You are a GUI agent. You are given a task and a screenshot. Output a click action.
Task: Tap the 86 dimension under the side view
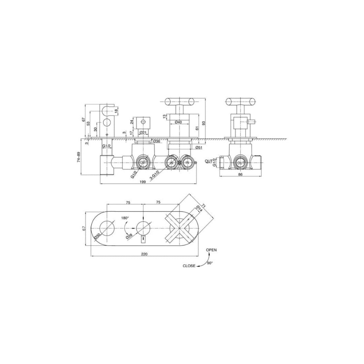coord(241,174)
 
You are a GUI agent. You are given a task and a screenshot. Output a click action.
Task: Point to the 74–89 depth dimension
coord(79,157)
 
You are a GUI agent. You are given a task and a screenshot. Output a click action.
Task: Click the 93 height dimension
coord(203,123)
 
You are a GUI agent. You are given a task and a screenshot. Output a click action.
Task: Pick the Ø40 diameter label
coord(179,122)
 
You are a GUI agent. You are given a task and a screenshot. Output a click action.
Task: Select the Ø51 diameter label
coord(199,147)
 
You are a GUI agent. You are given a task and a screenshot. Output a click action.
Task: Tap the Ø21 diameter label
coord(143,132)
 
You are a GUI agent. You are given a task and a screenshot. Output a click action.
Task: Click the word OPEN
coord(211,250)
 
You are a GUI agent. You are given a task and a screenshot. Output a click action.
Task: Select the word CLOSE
coord(189,266)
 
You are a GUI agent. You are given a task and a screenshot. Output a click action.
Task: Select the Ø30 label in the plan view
coord(97,237)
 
